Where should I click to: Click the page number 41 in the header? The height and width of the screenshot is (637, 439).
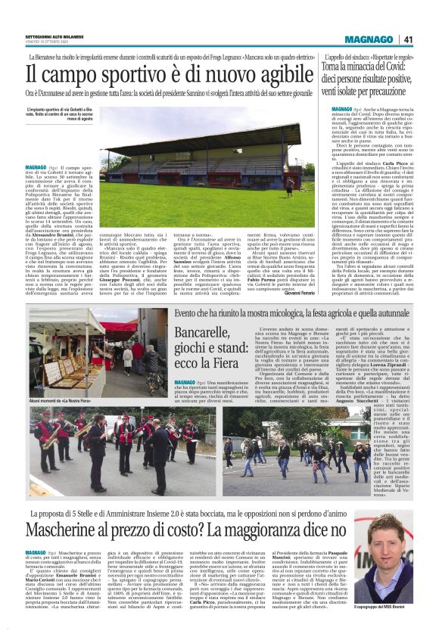tap(408, 40)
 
